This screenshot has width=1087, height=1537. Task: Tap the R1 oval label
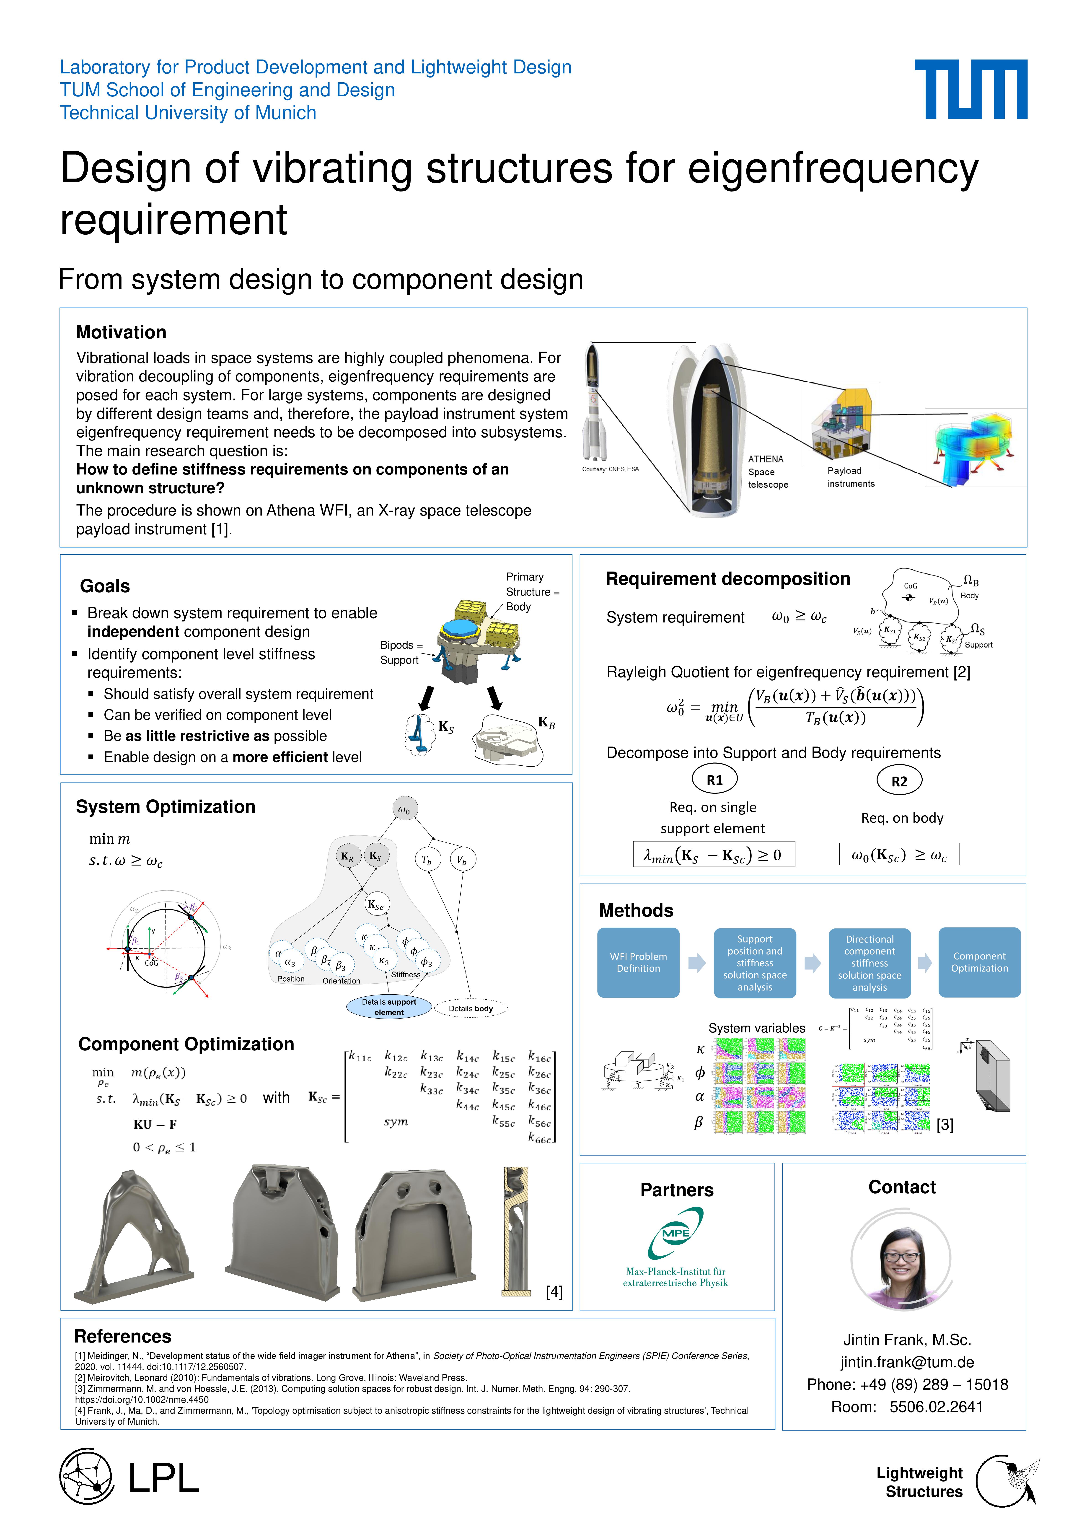point(714,780)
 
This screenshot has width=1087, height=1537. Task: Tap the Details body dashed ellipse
point(471,1008)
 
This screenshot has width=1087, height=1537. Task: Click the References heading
point(122,1336)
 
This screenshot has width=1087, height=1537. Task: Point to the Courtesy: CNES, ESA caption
point(610,469)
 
